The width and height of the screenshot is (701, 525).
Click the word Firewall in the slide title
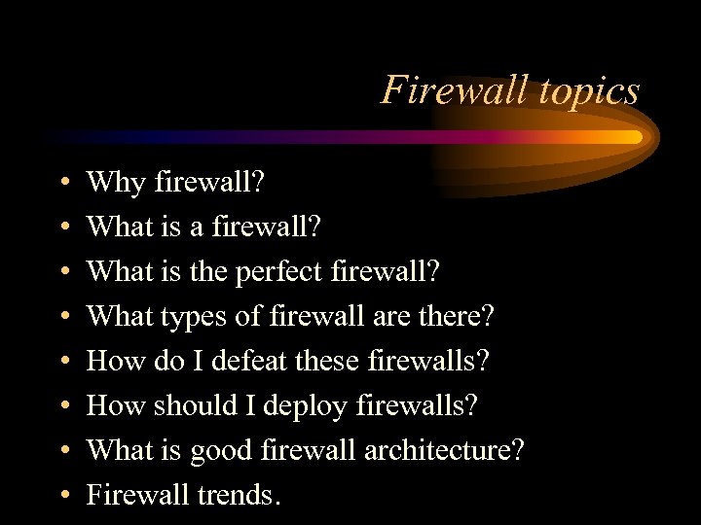click(444, 90)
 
